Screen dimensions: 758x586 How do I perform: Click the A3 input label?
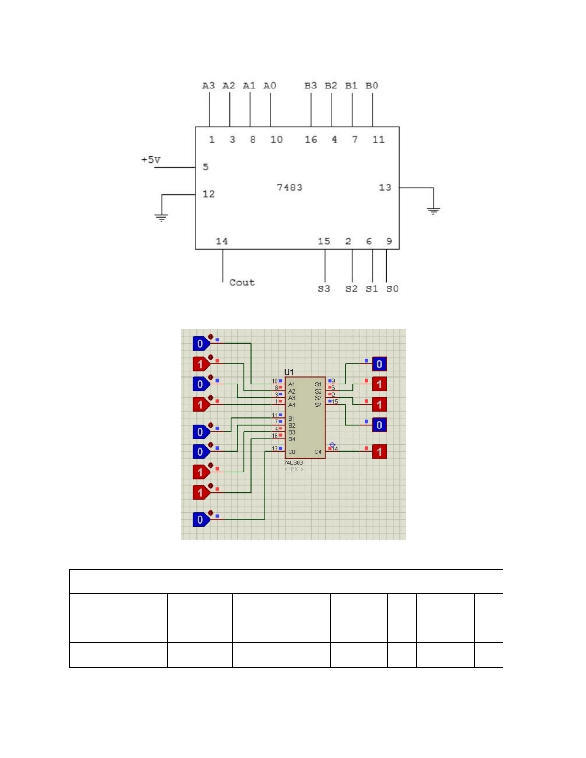[209, 86]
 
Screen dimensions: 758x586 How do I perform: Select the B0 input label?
[372, 86]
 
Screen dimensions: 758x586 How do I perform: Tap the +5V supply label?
[151, 160]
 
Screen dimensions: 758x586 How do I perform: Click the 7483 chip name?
[289, 187]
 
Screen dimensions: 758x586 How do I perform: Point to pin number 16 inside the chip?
[310, 139]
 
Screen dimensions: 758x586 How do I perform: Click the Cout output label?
[242, 282]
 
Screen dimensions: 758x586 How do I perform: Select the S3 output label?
[324, 289]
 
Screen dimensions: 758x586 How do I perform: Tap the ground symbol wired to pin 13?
[433, 210]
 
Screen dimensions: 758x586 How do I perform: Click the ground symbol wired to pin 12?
[161, 218]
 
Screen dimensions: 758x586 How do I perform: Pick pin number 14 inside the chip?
[221, 241]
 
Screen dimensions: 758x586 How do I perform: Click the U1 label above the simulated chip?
[289, 372]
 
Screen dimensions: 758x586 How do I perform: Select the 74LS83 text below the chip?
[293, 462]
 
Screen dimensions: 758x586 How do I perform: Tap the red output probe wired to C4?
[379, 451]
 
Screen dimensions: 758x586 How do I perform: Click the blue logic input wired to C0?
[200, 519]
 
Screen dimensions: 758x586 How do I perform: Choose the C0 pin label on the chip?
[292, 452]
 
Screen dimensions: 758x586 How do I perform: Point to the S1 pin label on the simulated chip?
[318, 384]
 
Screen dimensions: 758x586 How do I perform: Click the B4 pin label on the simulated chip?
[292, 439]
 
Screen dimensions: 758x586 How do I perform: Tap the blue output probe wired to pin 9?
[379, 364]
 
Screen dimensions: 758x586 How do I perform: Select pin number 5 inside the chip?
[205, 167]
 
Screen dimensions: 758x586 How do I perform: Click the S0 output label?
[392, 289]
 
